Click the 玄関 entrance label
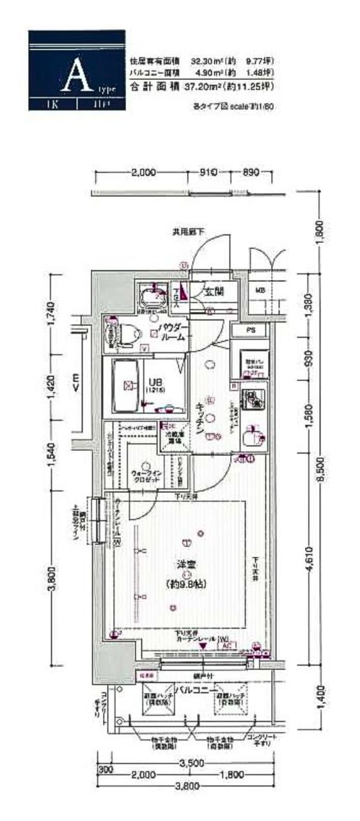click(x=214, y=292)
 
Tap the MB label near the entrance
click(x=260, y=291)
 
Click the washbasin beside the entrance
click(x=153, y=296)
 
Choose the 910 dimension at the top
click(x=209, y=173)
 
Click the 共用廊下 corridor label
click(x=188, y=231)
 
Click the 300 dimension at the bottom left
click(x=106, y=770)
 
